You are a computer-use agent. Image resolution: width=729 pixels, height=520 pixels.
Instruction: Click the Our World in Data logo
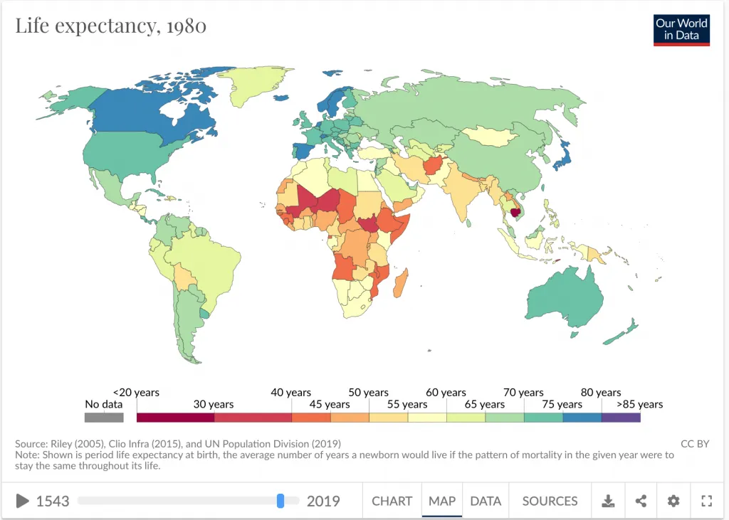point(682,30)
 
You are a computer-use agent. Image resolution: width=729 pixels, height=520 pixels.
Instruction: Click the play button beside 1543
point(23,501)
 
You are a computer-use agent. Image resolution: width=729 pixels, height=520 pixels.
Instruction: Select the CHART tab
point(392,501)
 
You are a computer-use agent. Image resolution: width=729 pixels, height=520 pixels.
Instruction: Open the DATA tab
point(486,501)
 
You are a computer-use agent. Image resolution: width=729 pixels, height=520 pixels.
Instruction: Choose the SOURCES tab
point(550,501)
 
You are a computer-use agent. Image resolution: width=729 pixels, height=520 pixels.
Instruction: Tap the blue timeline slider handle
point(280,501)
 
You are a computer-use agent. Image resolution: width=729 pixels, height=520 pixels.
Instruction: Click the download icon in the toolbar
point(608,501)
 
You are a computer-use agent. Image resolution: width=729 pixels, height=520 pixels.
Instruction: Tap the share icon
point(641,501)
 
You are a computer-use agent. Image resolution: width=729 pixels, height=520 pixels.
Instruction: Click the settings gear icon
point(673,501)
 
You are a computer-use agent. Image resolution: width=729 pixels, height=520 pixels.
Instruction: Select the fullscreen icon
point(706,501)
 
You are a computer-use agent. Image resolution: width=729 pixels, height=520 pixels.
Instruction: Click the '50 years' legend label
point(368,393)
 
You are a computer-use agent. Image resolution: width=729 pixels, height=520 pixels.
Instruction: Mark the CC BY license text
point(695,444)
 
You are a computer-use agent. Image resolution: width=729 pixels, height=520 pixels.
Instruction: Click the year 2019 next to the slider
point(323,501)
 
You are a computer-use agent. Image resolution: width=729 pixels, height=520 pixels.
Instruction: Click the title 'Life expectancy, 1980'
point(111,26)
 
